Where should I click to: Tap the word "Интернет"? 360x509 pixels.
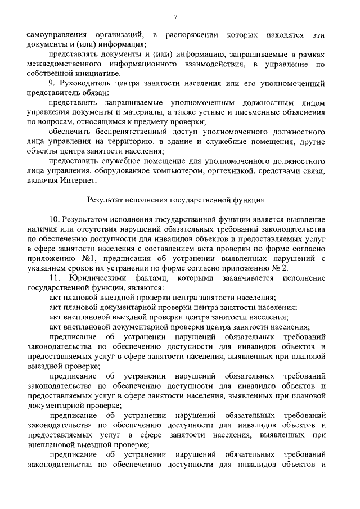coord(81,181)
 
